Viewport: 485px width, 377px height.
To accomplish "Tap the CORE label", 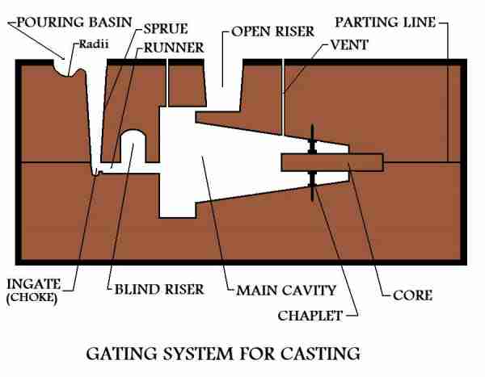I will [x=412, y=295].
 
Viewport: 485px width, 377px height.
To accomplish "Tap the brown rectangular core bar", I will [x=332, y=162].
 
